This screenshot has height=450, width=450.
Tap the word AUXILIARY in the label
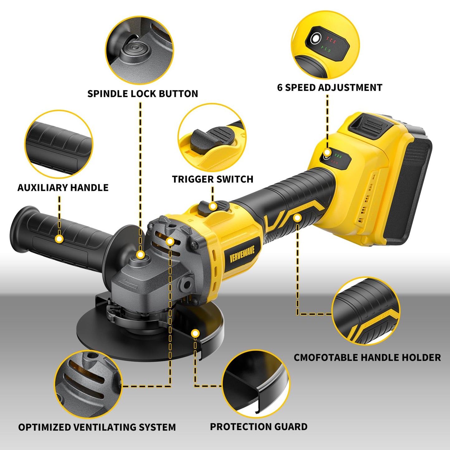(x=42, y=187)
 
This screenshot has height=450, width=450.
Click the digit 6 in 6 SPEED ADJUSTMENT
(x=280, y=88)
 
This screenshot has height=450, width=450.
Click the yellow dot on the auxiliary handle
(x=59, y=239)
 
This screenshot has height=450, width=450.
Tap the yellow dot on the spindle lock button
(x=140, y=254)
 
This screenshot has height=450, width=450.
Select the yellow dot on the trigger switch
(x=212, y=206)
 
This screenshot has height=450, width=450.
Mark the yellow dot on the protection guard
(x=195, y=333)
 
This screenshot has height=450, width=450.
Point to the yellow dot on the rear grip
(x=297, y=218)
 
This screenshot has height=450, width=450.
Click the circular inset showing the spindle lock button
(x=140, y=50)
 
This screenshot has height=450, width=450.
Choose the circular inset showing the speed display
(x=325, y=45)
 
